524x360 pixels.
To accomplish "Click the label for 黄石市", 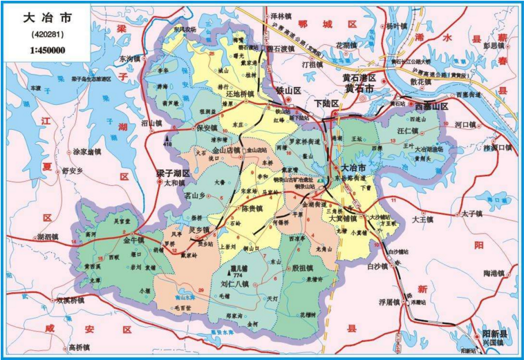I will [x=359, y=89].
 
